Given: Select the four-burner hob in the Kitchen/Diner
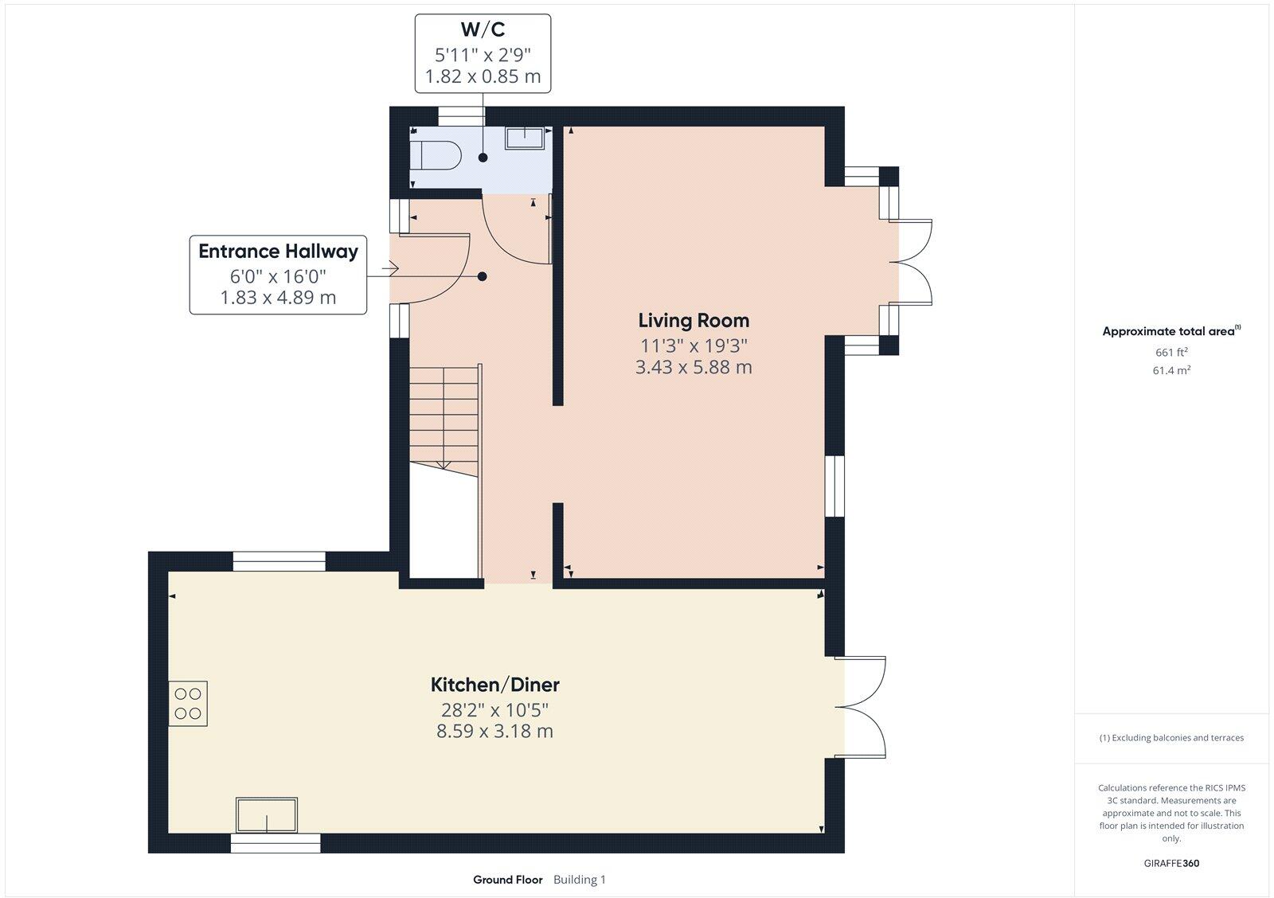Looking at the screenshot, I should (x=188, y=703).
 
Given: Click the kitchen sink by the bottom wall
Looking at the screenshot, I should (x=267, y=815).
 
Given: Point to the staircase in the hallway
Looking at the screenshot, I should (x=444, y=417).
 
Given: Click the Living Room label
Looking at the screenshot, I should (x=694, y=321).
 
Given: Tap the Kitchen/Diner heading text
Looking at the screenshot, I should (x=494, y=685).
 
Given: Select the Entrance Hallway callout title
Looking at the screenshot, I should (x=278, y=252).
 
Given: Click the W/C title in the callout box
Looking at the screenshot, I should (x=483, y=30).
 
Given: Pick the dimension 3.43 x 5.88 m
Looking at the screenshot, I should (x=694, y=367).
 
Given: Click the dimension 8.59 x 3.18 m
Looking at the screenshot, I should (x=494, y=731).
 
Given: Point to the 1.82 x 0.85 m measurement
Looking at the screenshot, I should (x=483, y=76).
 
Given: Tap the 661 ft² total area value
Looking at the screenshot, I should (x=1171, y=352).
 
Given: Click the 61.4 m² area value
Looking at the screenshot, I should (x=1171, y=370).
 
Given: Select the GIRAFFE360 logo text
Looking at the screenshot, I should (x=1171, y=863).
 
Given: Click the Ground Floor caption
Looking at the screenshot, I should (x=507, y=880).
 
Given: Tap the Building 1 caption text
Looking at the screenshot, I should (x=580, y=880).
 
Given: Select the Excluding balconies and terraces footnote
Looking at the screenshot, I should (x=1171, y=738).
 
